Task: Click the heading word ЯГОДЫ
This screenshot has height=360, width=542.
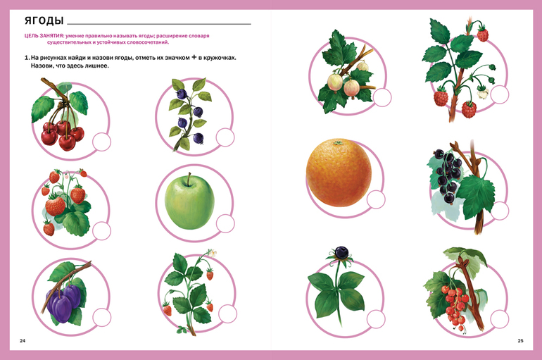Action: click(x=44, y=20)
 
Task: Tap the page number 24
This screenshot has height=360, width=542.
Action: click(x=23, y=341)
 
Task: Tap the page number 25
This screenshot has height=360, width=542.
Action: click(x=520, y=341)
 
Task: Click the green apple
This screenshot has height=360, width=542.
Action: click(x=189, y=201)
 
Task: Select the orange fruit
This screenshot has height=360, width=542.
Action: click(x=339, y=173)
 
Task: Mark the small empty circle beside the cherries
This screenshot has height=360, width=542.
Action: click(x=101, y=142)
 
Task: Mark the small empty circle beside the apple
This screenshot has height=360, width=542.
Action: click(x=225, y=223)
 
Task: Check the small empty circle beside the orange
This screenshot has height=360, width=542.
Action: click(x=376, y=199)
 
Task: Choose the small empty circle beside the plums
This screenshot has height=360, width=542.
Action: click(x=102, y=317)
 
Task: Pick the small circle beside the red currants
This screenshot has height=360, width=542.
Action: click(x=500, y=319)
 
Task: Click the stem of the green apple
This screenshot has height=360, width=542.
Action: click(x=189, y=179)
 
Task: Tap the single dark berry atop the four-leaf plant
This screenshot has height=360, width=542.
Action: click(x=341, y=252)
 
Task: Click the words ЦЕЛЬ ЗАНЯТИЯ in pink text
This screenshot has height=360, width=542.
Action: click(x=44, y=36)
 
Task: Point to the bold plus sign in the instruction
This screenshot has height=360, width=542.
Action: click(x=194, y=57)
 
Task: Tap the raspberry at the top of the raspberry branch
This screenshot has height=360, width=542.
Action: click(x=483, y=35)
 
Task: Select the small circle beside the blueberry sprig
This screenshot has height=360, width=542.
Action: click(x=225, y=137)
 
